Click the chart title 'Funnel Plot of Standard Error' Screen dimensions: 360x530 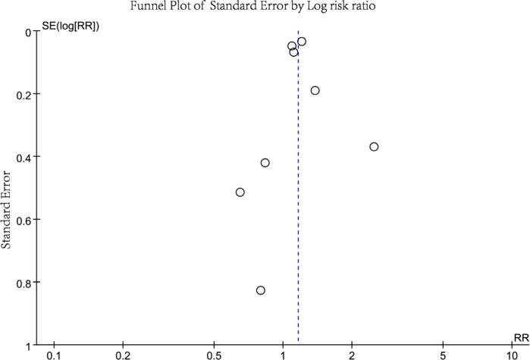[265, 8]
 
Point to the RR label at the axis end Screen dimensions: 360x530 [521, 337]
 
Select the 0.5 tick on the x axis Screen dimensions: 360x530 [214, 355]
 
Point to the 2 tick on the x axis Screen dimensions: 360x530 [352, 355]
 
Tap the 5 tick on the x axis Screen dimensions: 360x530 [443, 355]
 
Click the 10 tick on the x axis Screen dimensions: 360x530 [512, 355]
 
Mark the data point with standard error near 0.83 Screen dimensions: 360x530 [261, 290]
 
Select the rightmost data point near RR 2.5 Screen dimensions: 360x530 [374, 146]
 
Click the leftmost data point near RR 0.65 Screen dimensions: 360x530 [240, 193]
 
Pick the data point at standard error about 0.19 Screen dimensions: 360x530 [315, 91]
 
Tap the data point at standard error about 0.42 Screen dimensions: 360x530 [265, 163]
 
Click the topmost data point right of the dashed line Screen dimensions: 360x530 [302, 42]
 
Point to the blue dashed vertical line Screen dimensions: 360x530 [298, 227]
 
